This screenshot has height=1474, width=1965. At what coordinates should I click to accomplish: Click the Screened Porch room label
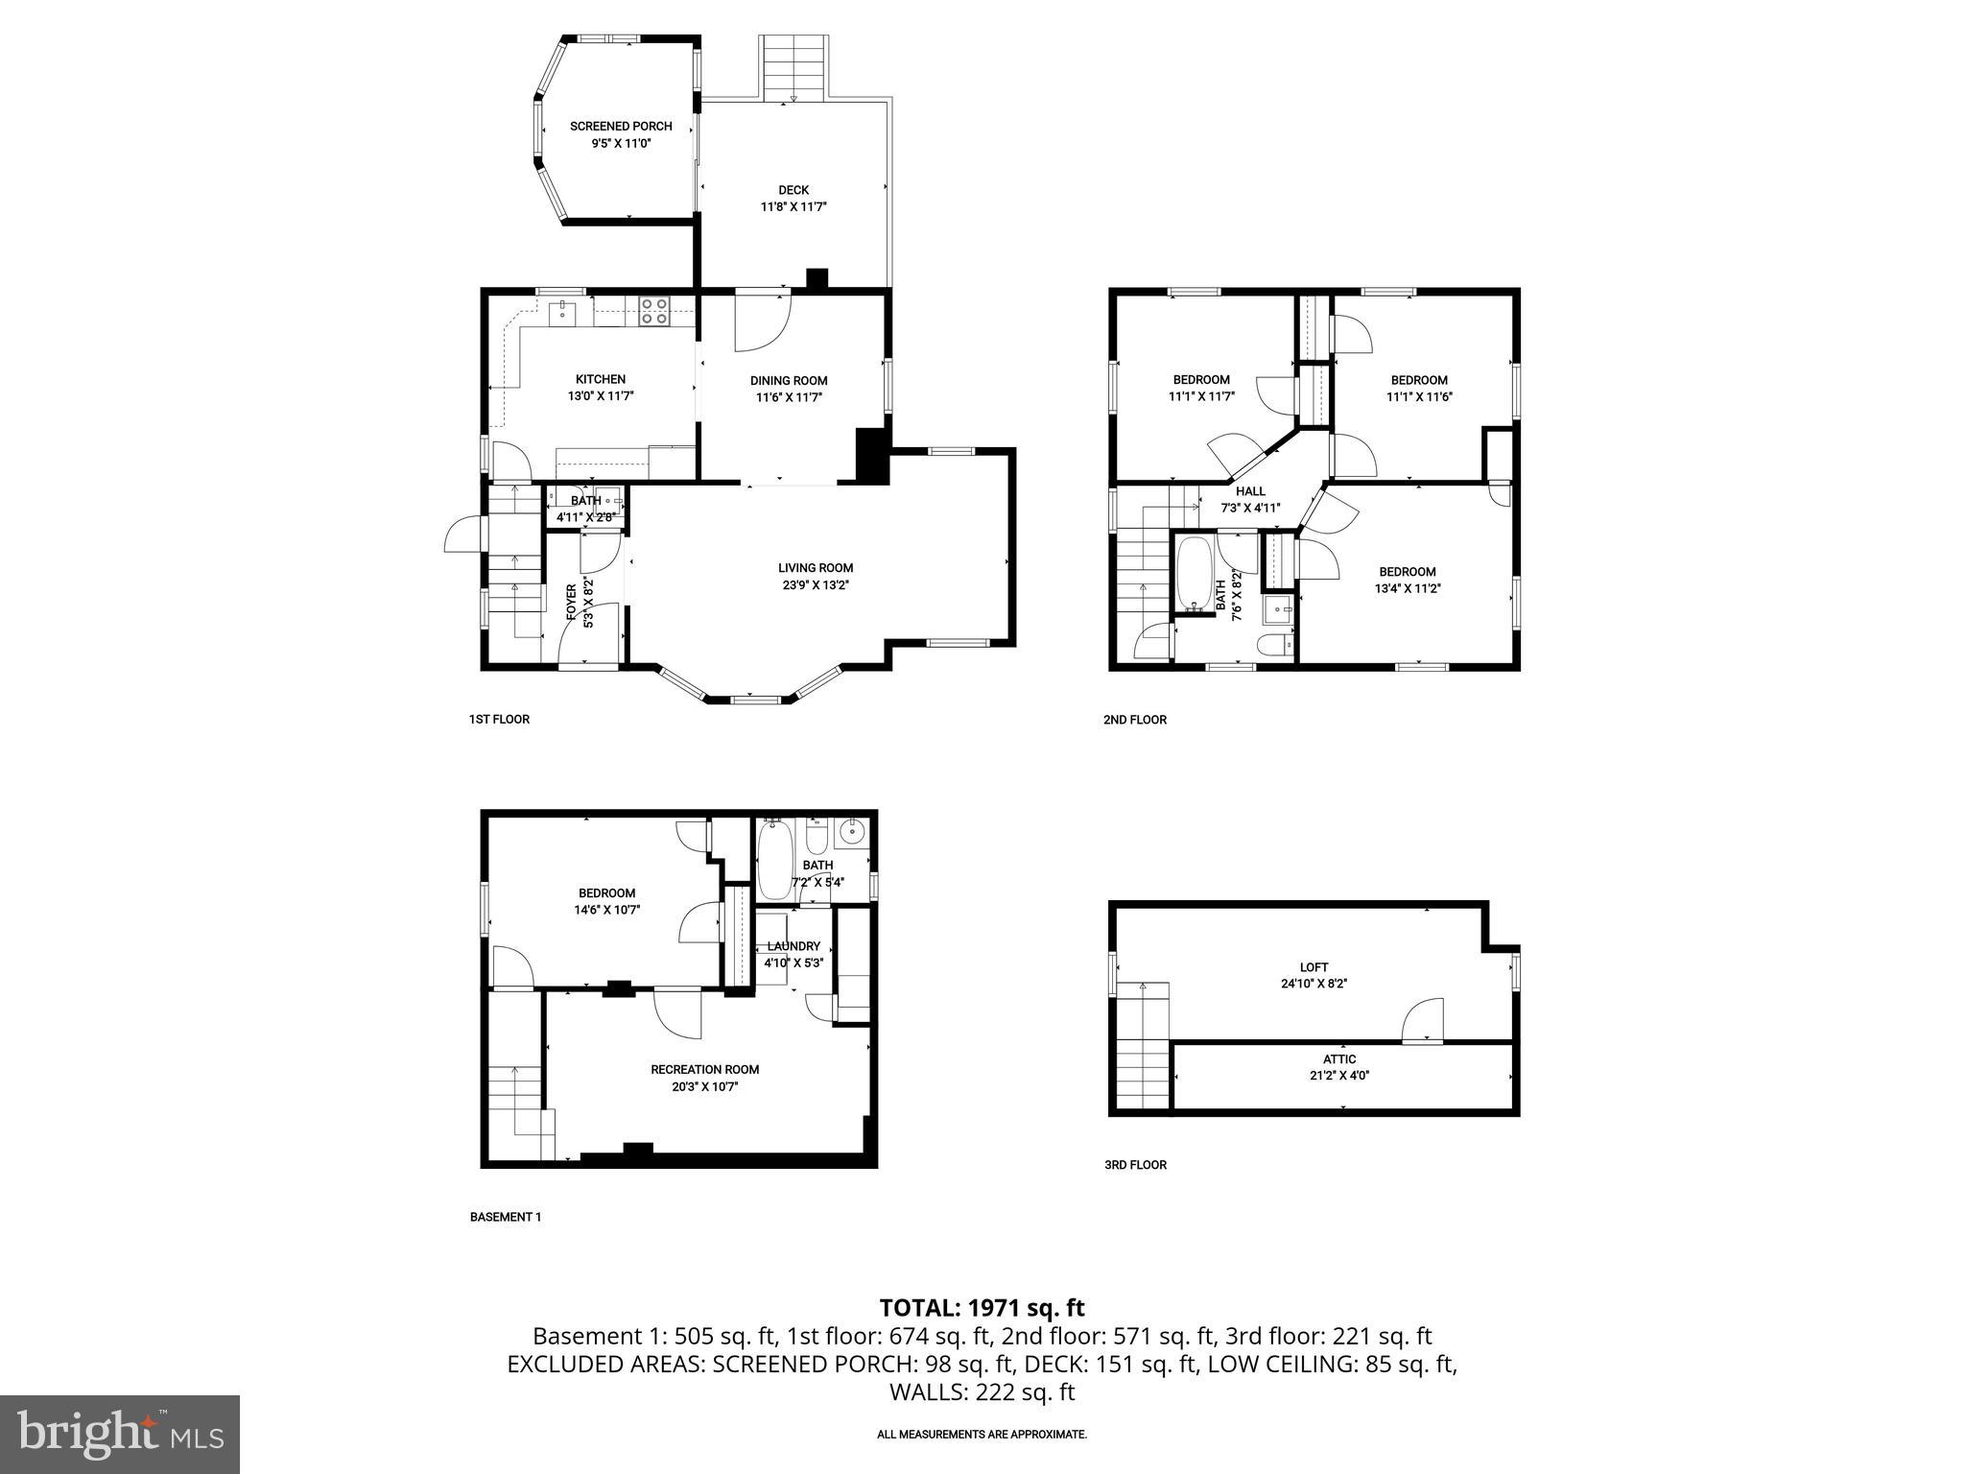click(x=621, y=127)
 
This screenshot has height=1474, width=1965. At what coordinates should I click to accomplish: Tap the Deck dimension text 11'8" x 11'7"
click(x=793, y=206)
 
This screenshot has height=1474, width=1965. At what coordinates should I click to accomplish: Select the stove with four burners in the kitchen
click(x=654, y=311)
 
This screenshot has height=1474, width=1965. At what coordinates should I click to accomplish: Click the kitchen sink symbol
click(x=562, y=312)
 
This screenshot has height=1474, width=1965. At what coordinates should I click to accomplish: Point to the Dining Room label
click(x=789, y=381)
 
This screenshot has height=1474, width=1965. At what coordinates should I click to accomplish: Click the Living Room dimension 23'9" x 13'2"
click(x=815, y=583)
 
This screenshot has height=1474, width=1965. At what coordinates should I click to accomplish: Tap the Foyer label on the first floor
click(x=572, y=604)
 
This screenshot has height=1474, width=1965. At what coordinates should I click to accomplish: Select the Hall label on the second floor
click(x=1250, y=491)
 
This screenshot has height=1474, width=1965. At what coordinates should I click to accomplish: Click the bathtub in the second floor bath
click(x=1195, y=574)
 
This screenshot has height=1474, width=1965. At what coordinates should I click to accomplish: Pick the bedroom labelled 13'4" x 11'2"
click(x=1409, y=580)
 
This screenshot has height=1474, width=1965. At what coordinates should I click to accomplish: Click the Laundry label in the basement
click(x=793, y=946)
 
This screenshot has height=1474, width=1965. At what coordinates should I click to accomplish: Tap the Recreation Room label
click(x=704, y=1070)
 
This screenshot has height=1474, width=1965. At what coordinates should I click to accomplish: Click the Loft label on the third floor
click(x=1314, y=967)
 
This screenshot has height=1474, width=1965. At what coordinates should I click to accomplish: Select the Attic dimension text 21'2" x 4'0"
click(x=1339, y=1076)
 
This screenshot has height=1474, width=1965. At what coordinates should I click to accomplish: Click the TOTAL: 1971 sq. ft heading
click(x=982, y=1308)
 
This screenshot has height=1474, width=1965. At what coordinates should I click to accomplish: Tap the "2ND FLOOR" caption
click(x=1134, y=720)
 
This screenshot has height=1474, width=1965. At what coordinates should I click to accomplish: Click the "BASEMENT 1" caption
click(x=505, y=1217)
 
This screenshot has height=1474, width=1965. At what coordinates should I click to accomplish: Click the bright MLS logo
click(x=120, y=1434)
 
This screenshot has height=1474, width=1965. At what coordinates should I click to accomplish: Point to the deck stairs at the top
click(x=793, y=67)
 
